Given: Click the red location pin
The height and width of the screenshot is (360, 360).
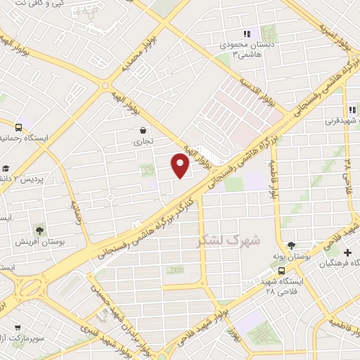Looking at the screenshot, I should (181, 165).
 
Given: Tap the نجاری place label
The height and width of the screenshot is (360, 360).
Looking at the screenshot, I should (143, 141).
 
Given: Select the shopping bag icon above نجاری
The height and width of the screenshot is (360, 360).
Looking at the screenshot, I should (143, 130).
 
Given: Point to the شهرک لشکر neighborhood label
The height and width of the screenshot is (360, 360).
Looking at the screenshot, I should (229, 240).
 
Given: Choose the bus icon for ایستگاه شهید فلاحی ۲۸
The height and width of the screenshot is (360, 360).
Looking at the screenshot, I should (281, 271).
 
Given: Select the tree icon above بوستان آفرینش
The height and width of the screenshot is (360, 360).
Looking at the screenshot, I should (39, 229).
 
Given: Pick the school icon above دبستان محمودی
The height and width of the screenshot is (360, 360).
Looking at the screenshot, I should (246, 34).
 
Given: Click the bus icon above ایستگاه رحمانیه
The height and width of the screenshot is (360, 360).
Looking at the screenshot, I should (18, 128).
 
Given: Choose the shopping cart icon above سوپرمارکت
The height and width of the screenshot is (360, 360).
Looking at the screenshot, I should (18, 327).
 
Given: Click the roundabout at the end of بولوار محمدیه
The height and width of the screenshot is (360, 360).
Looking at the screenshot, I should (105, 86).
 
